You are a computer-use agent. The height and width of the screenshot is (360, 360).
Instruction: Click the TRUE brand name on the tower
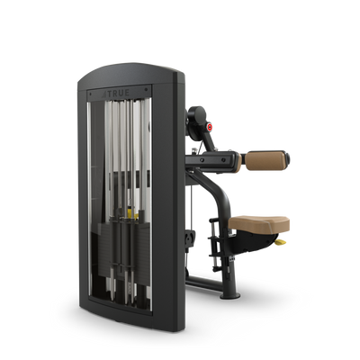point(119,94)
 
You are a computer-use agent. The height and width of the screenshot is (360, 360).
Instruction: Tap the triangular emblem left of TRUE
point(103,94)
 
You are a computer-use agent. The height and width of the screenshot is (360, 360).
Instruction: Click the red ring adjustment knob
point(210,127)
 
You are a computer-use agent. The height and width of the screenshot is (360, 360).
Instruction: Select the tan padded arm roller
point(265,160)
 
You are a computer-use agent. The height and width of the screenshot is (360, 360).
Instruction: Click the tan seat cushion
point(259,223)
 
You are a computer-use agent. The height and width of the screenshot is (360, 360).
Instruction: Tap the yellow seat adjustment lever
point(281,242)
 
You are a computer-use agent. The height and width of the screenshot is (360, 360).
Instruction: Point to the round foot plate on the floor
point(230,296)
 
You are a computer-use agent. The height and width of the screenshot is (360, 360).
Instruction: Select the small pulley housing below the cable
point(189,239)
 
